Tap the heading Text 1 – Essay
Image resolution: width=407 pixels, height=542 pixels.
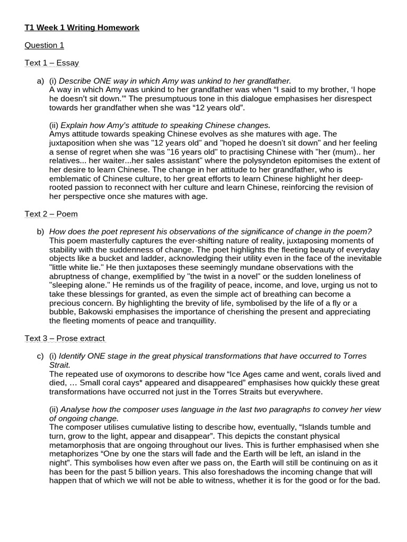52,63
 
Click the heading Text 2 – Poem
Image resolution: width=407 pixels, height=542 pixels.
51,214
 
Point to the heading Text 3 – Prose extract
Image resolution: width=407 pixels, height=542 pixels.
65,338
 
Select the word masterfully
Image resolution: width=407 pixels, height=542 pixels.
113,241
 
